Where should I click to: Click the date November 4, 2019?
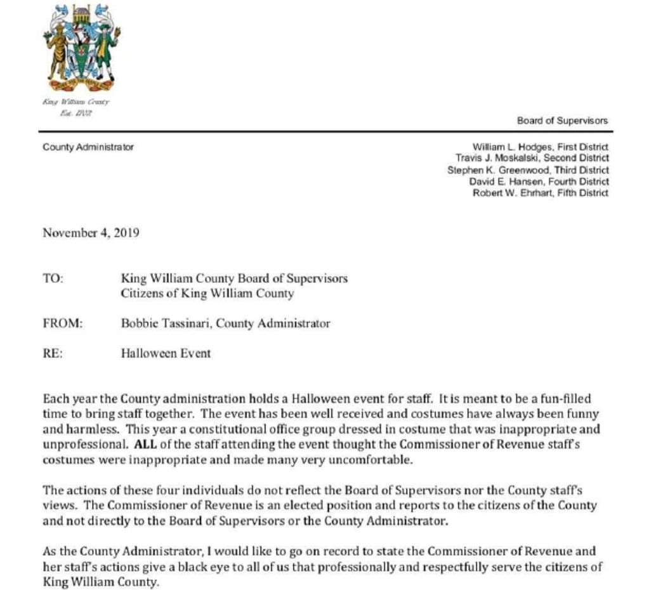click(x=91, y=232)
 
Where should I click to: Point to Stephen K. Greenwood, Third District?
click(x=528, y=170)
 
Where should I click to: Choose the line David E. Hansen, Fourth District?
click(x=539, y=181)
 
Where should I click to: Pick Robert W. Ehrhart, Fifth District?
click(x=541, y=193)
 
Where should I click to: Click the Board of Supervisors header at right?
click(x=562, y=121)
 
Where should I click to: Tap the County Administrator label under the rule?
click(x=88, y=147)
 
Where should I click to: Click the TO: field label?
click(x=53, y=279)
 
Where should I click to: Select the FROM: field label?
click(x=63, y=323)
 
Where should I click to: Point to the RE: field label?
click(x=53, y=353)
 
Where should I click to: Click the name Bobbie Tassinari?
click(x=166, y=323)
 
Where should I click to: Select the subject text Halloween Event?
click(x=166, y=353)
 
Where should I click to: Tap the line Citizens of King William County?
click(x=207, y=294)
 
